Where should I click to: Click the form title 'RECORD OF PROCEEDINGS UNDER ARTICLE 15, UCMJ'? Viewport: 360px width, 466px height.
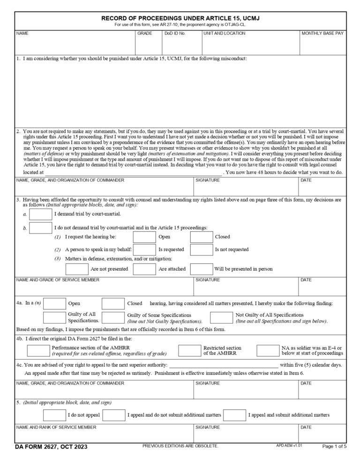coord(180,18)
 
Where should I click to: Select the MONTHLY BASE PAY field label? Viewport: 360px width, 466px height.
coord(322,34)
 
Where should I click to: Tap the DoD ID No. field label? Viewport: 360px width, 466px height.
coord(175,34)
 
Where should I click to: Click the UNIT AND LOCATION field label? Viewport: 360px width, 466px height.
coord(225,34)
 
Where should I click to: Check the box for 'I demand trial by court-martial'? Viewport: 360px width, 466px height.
coord(41,214)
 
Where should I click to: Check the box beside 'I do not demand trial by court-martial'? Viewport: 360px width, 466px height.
coord(41,228)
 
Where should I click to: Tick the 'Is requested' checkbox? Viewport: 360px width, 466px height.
coord(144,249)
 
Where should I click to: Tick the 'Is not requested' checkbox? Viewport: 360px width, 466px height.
coord(201,249)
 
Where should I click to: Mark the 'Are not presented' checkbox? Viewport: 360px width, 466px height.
coord(77,269)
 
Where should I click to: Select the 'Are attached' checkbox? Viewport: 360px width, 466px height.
coord(144,269)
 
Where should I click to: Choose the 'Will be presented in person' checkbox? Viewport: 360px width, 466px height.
coord(201,269)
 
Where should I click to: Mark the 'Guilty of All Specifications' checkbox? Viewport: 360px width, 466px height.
coord(54,317)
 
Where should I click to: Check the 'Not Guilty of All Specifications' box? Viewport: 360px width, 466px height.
coord(221,317)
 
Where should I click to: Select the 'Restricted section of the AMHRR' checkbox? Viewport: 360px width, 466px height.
coord(190,350)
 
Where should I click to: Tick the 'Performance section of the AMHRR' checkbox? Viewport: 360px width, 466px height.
coord(38,350)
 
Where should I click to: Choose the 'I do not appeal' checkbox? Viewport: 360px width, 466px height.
coord(54,415)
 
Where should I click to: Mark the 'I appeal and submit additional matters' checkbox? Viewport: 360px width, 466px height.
coord(235,415)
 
